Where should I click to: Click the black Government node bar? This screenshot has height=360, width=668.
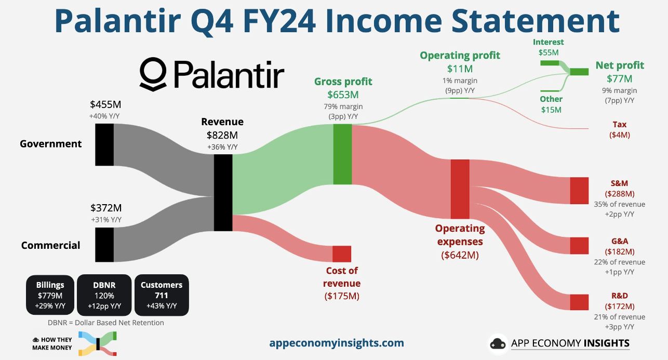104,144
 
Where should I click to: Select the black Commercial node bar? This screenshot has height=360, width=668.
104,245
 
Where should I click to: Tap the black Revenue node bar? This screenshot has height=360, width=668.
223,193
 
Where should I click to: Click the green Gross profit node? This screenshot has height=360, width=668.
343,154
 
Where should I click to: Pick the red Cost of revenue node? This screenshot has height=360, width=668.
342,254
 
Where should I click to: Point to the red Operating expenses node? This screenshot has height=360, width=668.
460,189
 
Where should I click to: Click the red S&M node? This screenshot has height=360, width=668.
579,191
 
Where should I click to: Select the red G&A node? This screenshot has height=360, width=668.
579,246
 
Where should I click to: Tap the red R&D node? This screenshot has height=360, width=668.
579,302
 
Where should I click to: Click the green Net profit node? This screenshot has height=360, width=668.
579,72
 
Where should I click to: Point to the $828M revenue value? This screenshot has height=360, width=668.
222,135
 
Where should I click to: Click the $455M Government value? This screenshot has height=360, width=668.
105,104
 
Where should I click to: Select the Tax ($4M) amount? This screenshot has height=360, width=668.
619,135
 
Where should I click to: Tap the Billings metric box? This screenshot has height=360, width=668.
50,295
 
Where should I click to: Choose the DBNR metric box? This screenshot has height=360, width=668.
104,295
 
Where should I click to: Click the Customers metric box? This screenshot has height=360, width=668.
162,295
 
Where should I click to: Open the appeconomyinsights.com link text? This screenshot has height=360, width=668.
337,343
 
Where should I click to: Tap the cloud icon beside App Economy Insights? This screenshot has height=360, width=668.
498,344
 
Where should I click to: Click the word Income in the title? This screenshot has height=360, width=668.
383,21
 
